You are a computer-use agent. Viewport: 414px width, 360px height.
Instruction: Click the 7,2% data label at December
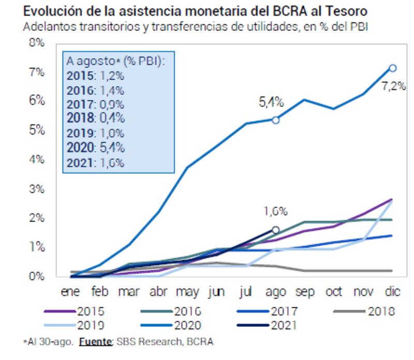pyautogui.click(x=393, y=86)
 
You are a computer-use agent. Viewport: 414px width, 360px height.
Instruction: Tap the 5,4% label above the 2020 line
pyautogui.click(x=271, y=102)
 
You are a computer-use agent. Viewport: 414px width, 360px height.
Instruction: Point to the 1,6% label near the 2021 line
pyautogui.click(x=275, y=211)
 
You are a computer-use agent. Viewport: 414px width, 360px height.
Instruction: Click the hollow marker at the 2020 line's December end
pyautogui.click(x=392, y=68)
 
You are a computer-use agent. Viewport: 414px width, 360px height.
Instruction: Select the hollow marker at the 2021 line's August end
pyautogui.click(x=276, y=230)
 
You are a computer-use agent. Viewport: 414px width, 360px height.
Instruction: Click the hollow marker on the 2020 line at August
pyautogui.click(x=276, y=120)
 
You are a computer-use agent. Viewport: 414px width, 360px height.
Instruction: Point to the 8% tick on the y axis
pyautogui.click(x=38, y=42)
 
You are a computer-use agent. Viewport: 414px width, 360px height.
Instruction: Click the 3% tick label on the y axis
pyautogui.click(x=38, y=188)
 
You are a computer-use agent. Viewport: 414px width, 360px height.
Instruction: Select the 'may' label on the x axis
pyautogui.click(x=187, y=292)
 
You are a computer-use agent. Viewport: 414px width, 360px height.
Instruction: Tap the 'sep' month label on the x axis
pyautogui.click(x=305, y=292)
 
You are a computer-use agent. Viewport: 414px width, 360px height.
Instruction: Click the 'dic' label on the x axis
pyautogui.click(x=392, y=292)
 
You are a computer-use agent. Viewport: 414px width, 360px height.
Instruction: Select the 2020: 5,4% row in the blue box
pyautogui.click(x=96, y=148)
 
